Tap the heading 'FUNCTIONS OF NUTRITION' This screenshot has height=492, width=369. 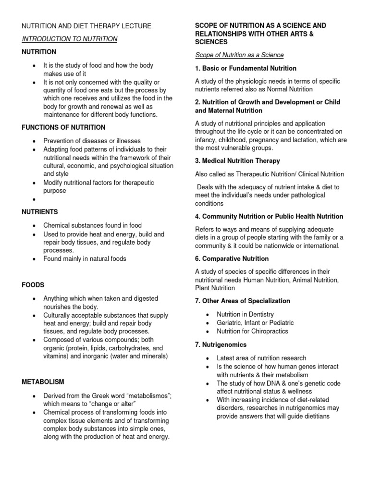point(62,127)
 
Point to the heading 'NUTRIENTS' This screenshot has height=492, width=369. point(39,211)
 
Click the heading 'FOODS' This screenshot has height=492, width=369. point(32,285)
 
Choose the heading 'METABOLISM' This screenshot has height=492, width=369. point(42,382)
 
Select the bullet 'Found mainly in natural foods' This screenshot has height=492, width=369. point(85,258)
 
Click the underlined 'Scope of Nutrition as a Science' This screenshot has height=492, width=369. point(239,55)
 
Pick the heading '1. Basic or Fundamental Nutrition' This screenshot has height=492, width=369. point(246,68)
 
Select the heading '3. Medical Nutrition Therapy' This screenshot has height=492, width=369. point(237,160)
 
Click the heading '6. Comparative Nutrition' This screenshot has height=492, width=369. point(232,258)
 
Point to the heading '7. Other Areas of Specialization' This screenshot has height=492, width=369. point(243,301)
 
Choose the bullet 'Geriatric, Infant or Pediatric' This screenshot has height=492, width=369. point(255,323)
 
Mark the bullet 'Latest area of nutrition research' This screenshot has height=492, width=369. point(261,358)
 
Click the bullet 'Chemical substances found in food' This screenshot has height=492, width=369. point(92,225)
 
